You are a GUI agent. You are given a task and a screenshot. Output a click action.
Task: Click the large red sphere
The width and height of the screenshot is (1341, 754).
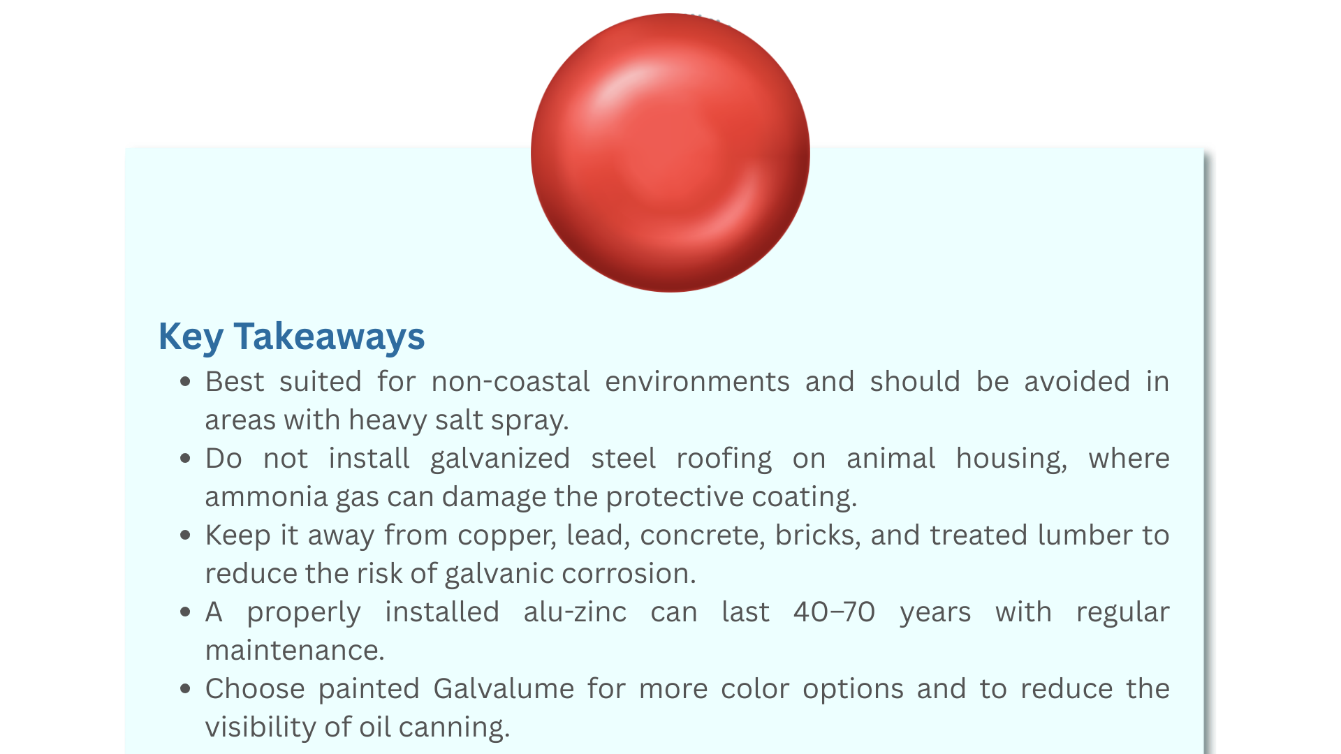pos(670,153)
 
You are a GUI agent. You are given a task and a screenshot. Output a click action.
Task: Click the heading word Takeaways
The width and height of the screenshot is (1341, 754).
pos(329,337)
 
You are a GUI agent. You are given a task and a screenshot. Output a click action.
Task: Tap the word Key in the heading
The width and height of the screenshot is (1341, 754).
pos(191,337)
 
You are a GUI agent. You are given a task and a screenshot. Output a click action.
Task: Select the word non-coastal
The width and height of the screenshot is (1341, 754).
pos(511,382)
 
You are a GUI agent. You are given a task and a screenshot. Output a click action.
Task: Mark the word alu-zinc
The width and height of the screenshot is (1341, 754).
pos(575,612)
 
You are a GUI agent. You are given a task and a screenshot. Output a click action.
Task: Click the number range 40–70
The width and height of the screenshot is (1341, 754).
pos(834,612)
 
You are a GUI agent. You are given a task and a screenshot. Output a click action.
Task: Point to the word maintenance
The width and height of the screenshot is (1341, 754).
pos(295,651)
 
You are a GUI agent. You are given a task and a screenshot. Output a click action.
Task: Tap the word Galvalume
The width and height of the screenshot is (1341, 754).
pos(504,689)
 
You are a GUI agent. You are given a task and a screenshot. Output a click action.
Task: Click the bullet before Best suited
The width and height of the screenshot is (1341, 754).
pos(185,381)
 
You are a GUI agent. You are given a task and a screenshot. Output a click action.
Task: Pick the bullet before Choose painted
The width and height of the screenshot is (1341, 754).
pos(185,688)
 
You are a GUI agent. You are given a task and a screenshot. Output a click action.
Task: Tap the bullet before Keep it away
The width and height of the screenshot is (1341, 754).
pos(185,535)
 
